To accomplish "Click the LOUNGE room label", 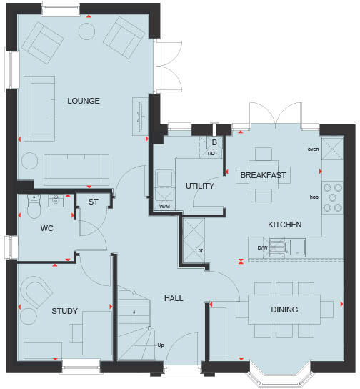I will [84, 101].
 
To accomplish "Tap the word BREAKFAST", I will [263, 175].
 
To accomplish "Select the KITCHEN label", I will [285, 225].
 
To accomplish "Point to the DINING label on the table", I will [284, 310].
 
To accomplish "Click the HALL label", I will [174, 298].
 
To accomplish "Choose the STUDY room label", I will [64, 311].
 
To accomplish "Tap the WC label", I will [47, 229].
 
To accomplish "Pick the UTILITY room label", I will [200, 186].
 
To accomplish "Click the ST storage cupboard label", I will [93, 202].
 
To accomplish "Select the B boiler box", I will [214, 142].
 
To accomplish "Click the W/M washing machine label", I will [165, 207].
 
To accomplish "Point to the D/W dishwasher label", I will [262, 248].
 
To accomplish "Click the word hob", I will [313, 197].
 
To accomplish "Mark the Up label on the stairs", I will [161, 345].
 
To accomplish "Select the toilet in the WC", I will [32, 206].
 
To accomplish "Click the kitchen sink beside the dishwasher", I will [296, 247].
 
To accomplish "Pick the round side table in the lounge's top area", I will [86, 31].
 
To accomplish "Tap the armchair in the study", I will [34, 292].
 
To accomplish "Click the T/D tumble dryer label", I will [211, 154].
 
